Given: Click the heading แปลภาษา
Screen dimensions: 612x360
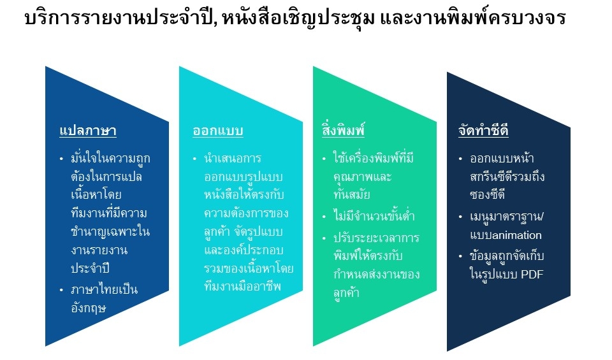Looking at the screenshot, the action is (88, 131).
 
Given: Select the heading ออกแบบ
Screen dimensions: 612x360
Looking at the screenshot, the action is (218, 131).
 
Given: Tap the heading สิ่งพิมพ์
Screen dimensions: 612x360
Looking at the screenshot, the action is (344, 129).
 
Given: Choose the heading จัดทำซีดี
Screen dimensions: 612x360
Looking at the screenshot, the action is (484, 130).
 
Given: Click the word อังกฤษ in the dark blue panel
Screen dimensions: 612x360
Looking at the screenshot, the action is (89, 308).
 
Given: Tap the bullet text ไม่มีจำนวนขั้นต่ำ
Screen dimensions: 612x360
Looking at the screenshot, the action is (374, 216).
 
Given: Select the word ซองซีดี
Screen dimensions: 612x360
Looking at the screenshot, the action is (488, 194).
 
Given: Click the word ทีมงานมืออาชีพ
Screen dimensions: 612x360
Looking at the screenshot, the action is (242, 286).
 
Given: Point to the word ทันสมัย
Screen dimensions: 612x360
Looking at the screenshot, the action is (352, 194).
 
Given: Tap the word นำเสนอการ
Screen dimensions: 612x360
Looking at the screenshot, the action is (233, 159).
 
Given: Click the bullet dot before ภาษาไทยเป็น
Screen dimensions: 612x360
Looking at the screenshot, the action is (61, 290).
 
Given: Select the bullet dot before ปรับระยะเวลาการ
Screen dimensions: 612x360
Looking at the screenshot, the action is (324, 238).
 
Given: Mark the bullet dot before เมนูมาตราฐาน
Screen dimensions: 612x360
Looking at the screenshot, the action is (460, 217).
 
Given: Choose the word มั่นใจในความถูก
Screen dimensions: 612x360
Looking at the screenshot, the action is (110, 159).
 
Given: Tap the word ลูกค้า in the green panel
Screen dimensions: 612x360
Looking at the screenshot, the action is (346, 293).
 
